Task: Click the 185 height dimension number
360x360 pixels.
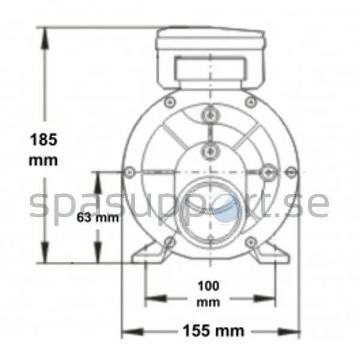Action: click(x=44, y=140)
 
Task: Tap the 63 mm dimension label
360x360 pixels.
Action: click(x=98, y=217)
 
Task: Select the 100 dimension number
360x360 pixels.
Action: click(x=208, y=286)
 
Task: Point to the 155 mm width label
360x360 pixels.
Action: click(x=214, y=331)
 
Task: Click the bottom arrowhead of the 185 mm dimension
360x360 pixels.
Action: click(x=45, y=252)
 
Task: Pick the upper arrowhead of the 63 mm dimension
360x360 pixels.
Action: click(x=98, y=182)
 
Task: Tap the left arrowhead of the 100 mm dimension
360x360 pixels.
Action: click(x=155, y=298)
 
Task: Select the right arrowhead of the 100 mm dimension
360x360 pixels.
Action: click(x=264, y=298)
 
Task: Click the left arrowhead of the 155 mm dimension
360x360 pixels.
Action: click(x=133, y=332)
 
